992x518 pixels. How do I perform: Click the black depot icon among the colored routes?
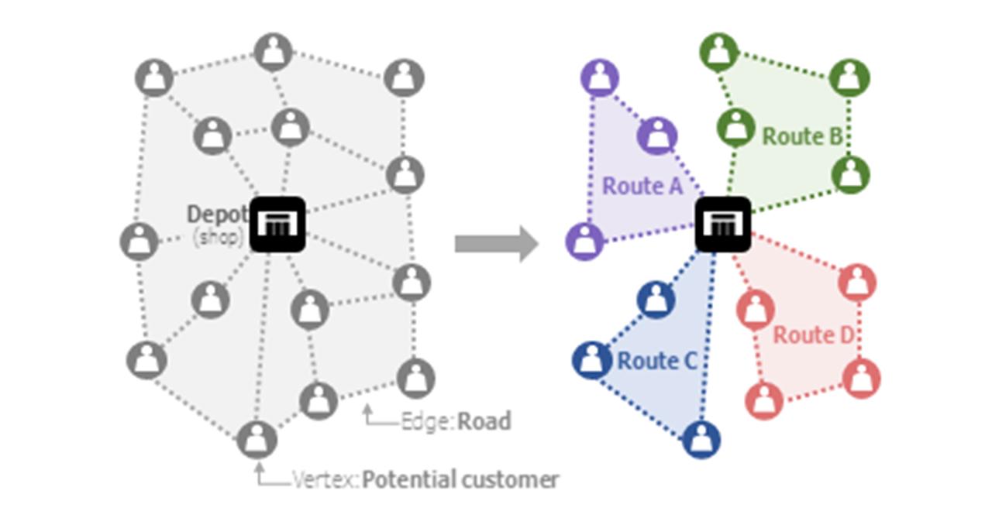pos(722,224)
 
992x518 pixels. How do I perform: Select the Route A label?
pos(642,187)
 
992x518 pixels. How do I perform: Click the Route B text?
pos(801,136)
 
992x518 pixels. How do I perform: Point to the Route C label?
pos(657,361)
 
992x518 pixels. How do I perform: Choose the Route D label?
pos(813,335)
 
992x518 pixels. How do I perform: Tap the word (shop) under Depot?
pos(218,237)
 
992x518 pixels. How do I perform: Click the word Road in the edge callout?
pos(484,421)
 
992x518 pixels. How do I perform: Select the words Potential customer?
pos(460,480)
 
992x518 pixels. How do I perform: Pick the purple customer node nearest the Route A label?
pos(656,136)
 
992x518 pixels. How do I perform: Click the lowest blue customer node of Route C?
pos(701,440)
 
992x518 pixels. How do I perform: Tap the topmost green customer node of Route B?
pos(720,51)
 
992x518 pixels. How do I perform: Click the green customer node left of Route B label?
pos(735,126)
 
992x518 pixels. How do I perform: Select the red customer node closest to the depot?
pos(755,308)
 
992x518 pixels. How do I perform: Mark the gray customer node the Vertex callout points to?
pos(257,439)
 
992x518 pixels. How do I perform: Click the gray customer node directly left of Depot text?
pos(139,240)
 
